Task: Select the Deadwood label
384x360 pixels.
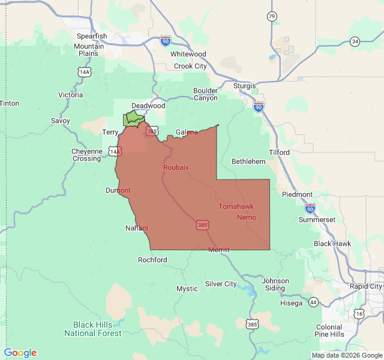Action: click(148, 106)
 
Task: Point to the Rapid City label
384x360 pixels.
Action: click(367, 286)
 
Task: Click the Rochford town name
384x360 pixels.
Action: click(152, 260)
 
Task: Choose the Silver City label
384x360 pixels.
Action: click(221, 284)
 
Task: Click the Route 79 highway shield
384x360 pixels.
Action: click(272, 16)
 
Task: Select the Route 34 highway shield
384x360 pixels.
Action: click(355, 41)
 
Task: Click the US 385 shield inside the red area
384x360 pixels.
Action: click(201, 224)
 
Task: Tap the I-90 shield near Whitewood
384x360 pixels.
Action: click(166, 41)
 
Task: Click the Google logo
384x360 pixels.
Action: click(20, 353)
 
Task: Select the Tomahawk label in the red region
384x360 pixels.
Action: click(236, 206)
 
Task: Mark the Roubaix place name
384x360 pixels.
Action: click(176, 167)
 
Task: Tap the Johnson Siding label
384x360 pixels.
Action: click(275, 284)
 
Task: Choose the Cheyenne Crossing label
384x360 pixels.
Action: click(87, 155)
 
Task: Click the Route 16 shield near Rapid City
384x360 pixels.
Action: click(359, 313)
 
